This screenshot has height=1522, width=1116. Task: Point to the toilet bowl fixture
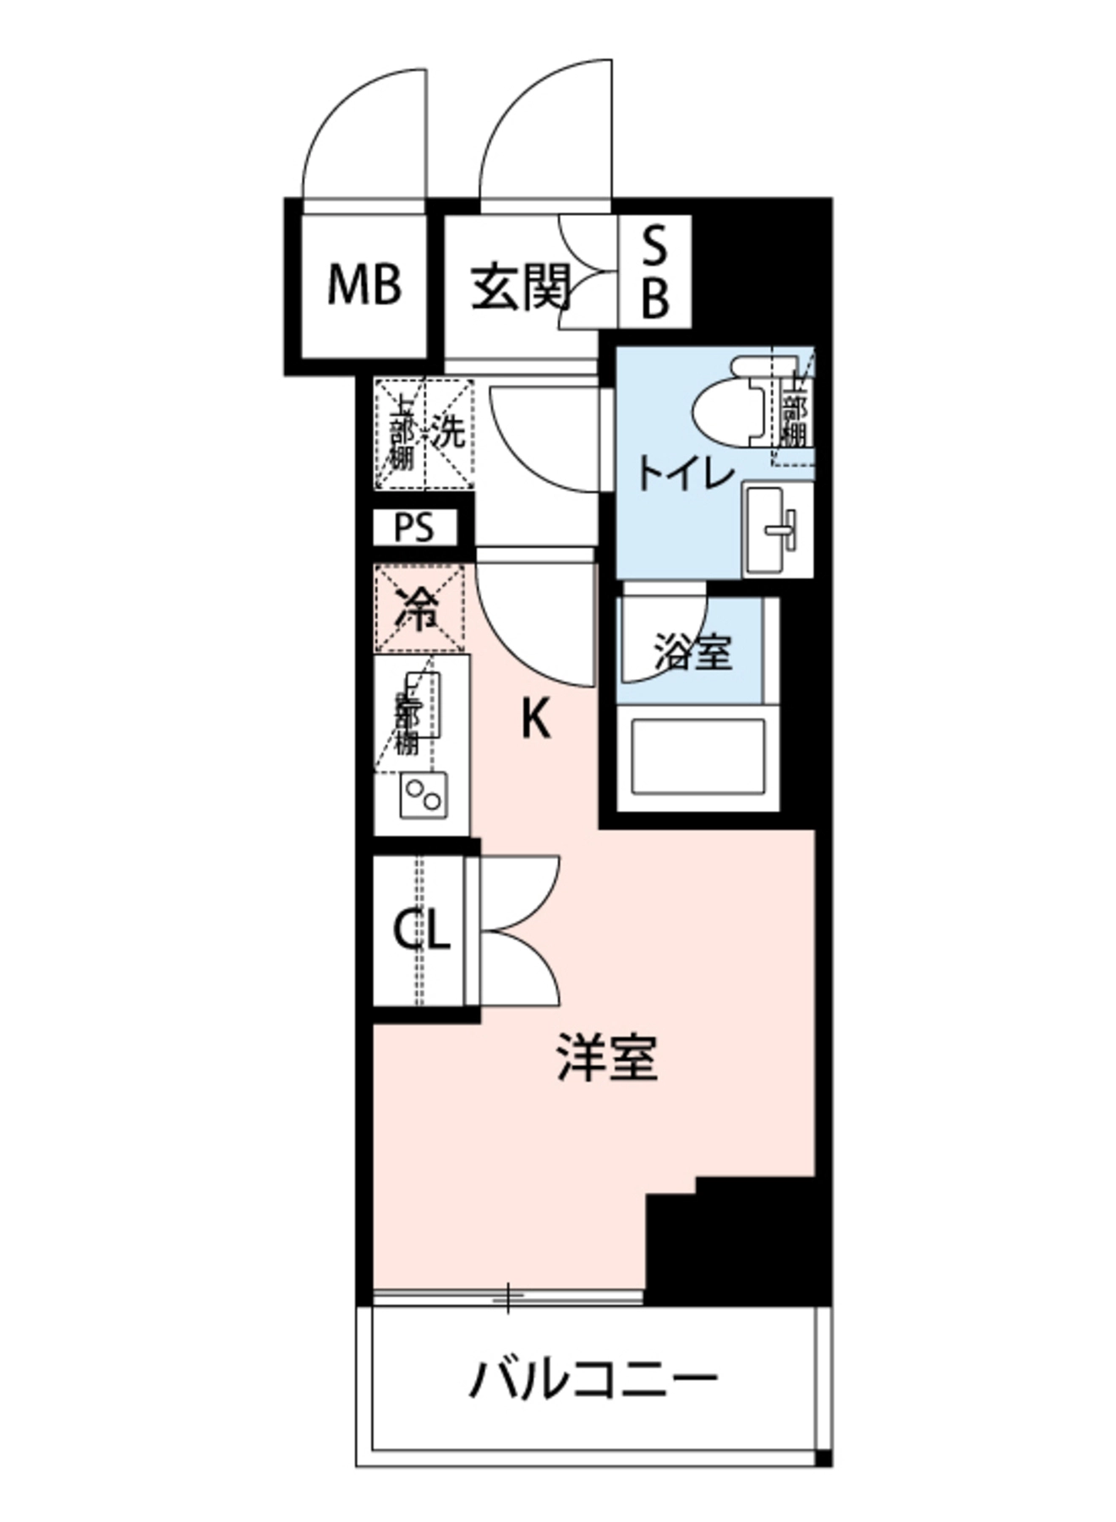click(x=734, y=404)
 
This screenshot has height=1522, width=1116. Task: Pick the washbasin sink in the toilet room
click(x=777, y=530)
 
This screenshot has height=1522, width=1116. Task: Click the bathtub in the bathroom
click(x=699, y=757)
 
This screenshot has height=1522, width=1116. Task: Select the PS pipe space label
click(x=414, y=528)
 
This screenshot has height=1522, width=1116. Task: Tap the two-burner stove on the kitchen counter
click(x=424, y=796)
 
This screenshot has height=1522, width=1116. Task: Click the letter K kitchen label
click(x=535, y=720)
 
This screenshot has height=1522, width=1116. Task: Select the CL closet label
click(x=420, y=932)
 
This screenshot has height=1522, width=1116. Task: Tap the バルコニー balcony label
click(x=594, y=1381)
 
